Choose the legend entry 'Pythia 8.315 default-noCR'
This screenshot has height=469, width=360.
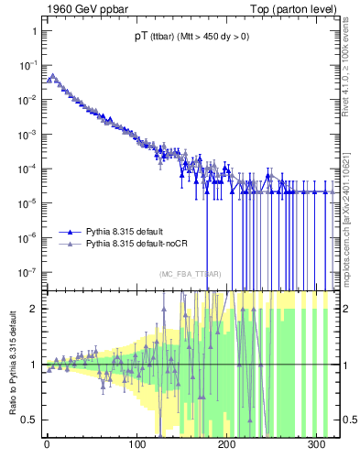coord(143,245)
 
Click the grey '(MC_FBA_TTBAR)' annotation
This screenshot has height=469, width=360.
coord(191,274)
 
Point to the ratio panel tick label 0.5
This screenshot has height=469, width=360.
coord(29,420)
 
